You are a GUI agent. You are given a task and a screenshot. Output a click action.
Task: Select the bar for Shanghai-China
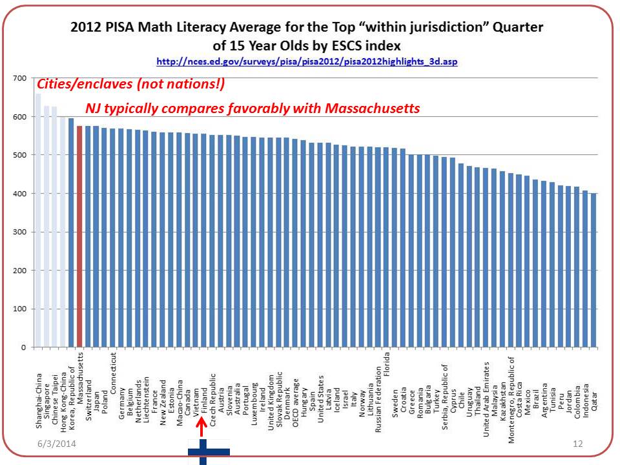38,220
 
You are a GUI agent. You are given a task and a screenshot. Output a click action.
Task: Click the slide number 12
578,445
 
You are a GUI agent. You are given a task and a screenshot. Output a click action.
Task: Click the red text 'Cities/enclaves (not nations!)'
130,85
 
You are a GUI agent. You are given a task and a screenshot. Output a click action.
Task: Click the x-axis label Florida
387,365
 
